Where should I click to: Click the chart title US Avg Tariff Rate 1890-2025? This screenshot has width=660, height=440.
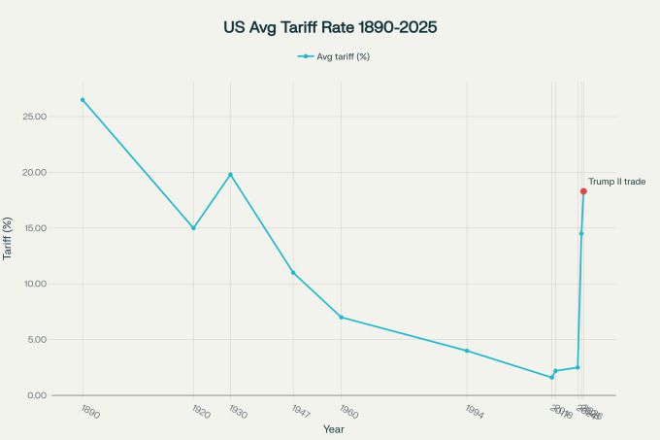tap(330, 26)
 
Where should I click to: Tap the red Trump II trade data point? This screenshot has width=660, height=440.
tap(583, 191)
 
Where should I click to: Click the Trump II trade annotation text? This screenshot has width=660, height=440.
tap(617, 182)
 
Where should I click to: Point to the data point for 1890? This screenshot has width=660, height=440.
tap(82, 99)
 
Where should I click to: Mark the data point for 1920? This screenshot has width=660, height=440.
tap(193, 228)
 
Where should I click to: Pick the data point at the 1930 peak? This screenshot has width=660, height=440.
tap(230, 175)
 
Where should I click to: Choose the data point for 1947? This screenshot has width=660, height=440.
tap(293, 273)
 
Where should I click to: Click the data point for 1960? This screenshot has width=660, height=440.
tap(341, 318)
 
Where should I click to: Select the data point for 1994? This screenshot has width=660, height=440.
tap(467, 351)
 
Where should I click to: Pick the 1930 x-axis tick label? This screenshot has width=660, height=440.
tap(237, 413)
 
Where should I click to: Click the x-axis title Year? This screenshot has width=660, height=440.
tap(333, 428)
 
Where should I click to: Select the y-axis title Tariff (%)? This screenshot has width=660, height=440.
tap(10, 239)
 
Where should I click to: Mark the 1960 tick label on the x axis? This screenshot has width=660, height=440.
tap(347, 413)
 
